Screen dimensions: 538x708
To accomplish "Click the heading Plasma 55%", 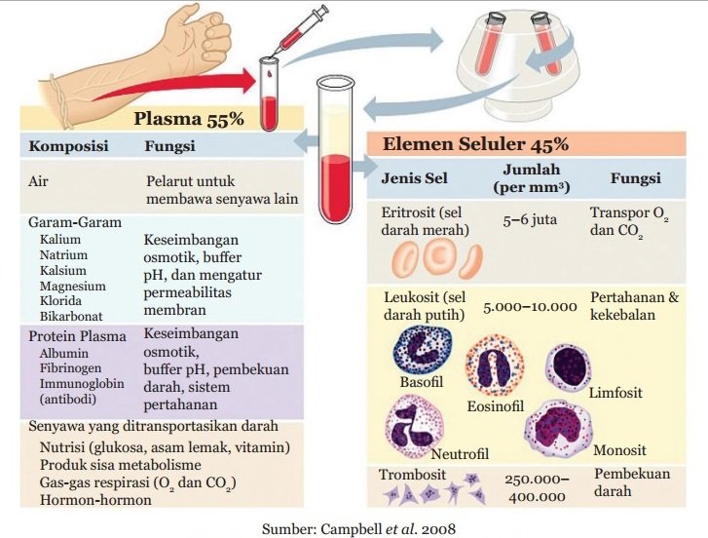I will coord(188,120).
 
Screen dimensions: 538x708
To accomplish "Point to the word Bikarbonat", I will coord(71,316).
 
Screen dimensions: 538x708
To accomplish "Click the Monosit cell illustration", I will coord(562,426).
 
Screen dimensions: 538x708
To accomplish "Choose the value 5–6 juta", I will coord(530,219).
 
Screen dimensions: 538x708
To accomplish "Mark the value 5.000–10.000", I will coord(530,306).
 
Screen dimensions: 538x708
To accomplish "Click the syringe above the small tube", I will coord(298,30).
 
